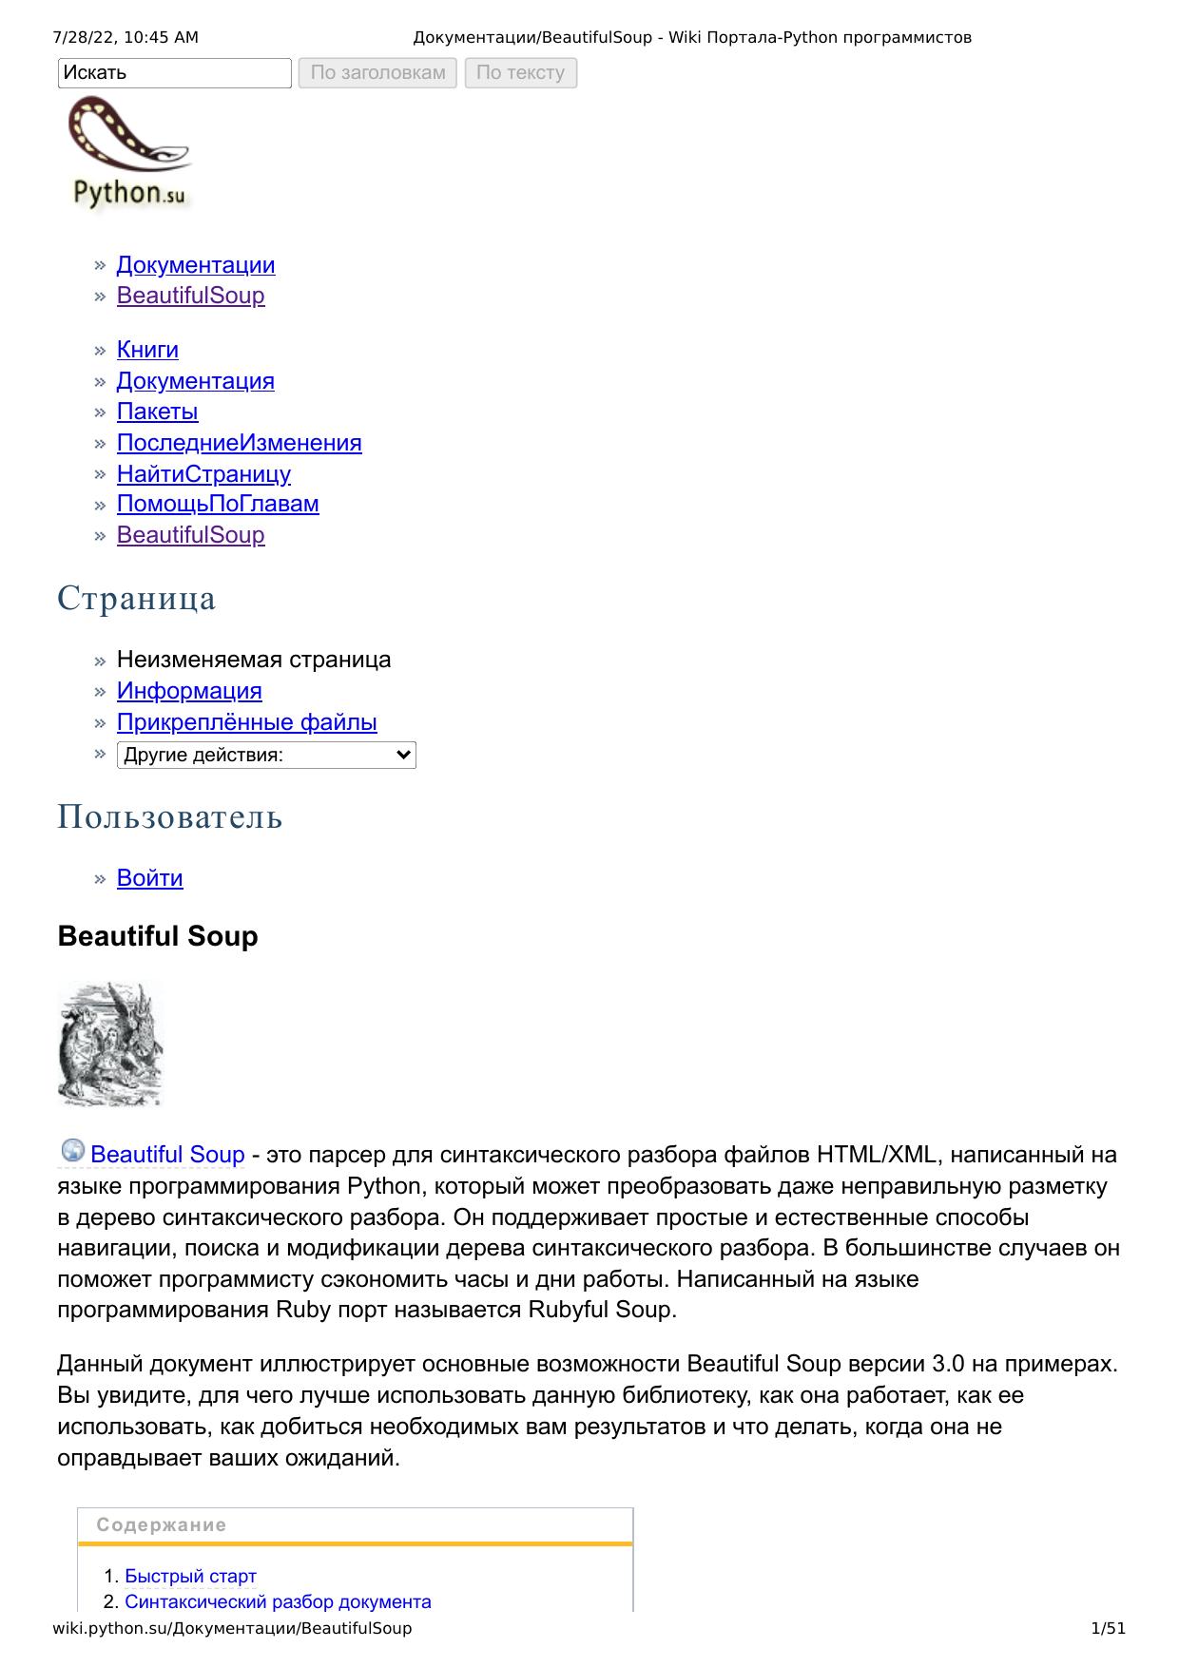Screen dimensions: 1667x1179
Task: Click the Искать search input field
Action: pos(174,73)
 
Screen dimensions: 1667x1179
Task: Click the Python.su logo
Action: pos(129,155)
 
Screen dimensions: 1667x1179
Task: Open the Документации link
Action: pos(196,265)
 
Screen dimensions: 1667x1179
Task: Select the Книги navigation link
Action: pos(147,350)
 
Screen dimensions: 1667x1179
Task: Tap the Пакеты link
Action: pos(157,412)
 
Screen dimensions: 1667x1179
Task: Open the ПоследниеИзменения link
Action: pos(239,443)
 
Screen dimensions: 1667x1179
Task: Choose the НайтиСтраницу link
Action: pos(203,473)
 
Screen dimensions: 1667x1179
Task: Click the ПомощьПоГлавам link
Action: pos(218,504)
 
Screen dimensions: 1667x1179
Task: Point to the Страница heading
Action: pos(137,599)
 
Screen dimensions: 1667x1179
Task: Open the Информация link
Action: pos(189,691)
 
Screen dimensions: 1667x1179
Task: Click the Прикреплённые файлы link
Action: pos(246,722)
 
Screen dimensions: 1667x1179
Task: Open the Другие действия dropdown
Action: pos(266,756)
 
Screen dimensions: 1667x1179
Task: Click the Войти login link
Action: pos(149,878)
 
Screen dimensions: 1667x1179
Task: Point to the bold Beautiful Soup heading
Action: pos(158,936)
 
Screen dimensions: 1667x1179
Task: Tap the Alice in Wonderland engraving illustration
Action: pos(110,1044)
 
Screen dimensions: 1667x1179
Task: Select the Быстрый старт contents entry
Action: pos(190,1577)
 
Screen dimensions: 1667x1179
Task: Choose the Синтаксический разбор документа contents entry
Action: pos(278,1602)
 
